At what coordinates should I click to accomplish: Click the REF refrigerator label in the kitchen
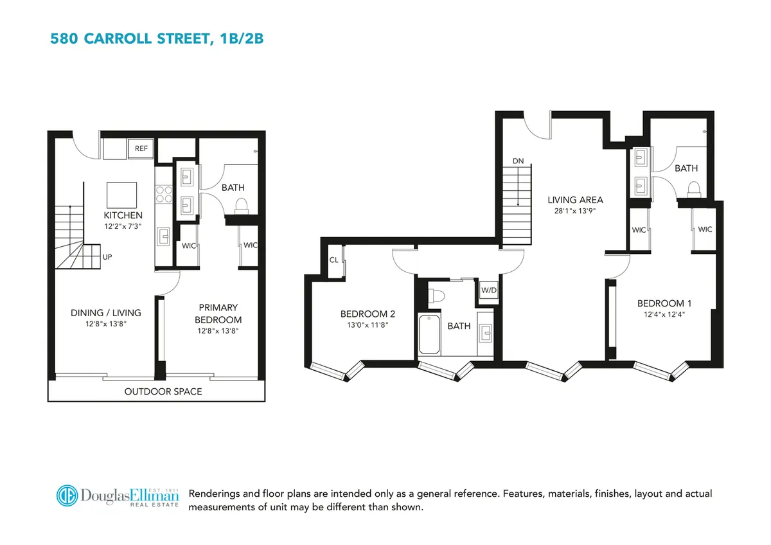(x=141, y=148)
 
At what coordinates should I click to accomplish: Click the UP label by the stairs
(x=107, y=256)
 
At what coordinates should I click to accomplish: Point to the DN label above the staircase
(x=518, y=160)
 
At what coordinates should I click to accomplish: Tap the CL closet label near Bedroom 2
(x=334, y=260)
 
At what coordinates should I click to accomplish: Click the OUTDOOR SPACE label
(x=163, y=391)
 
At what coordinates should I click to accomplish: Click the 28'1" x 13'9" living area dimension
(x=575, y=210)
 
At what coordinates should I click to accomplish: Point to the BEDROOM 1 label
(x=664, y=303)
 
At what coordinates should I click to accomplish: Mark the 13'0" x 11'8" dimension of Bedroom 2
(x=368, y=325)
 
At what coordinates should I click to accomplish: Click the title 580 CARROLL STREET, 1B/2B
(x=157, y=39)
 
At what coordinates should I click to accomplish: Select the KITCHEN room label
(x=123, y=215)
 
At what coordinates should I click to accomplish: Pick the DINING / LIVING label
(x=105, y=313)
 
